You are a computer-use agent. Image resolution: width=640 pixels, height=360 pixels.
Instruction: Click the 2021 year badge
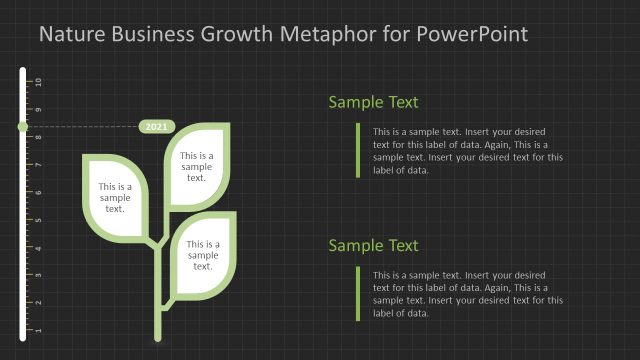point(157,127)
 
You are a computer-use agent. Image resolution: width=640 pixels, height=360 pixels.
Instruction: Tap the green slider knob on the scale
point(23,127)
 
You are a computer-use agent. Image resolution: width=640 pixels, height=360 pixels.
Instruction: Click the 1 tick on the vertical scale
point(38,330)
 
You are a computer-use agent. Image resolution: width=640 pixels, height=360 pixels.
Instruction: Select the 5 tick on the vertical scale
point(38,220)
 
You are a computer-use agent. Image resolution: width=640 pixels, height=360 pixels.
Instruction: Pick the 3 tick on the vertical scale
point(38,275)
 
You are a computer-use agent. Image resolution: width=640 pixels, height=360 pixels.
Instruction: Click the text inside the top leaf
point(196,166)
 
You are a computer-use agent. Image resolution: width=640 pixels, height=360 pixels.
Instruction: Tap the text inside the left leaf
point(115,197)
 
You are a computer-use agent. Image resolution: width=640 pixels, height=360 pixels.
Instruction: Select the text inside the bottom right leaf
point(203,255)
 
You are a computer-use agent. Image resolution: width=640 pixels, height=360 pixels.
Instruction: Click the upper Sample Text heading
point(373,102)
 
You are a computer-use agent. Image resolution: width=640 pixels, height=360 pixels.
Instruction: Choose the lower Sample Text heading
point(373,246)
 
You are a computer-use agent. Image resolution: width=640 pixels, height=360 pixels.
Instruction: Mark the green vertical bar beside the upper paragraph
point(357,150)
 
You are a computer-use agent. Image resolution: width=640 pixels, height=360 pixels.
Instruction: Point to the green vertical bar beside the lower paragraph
point(357,294)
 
